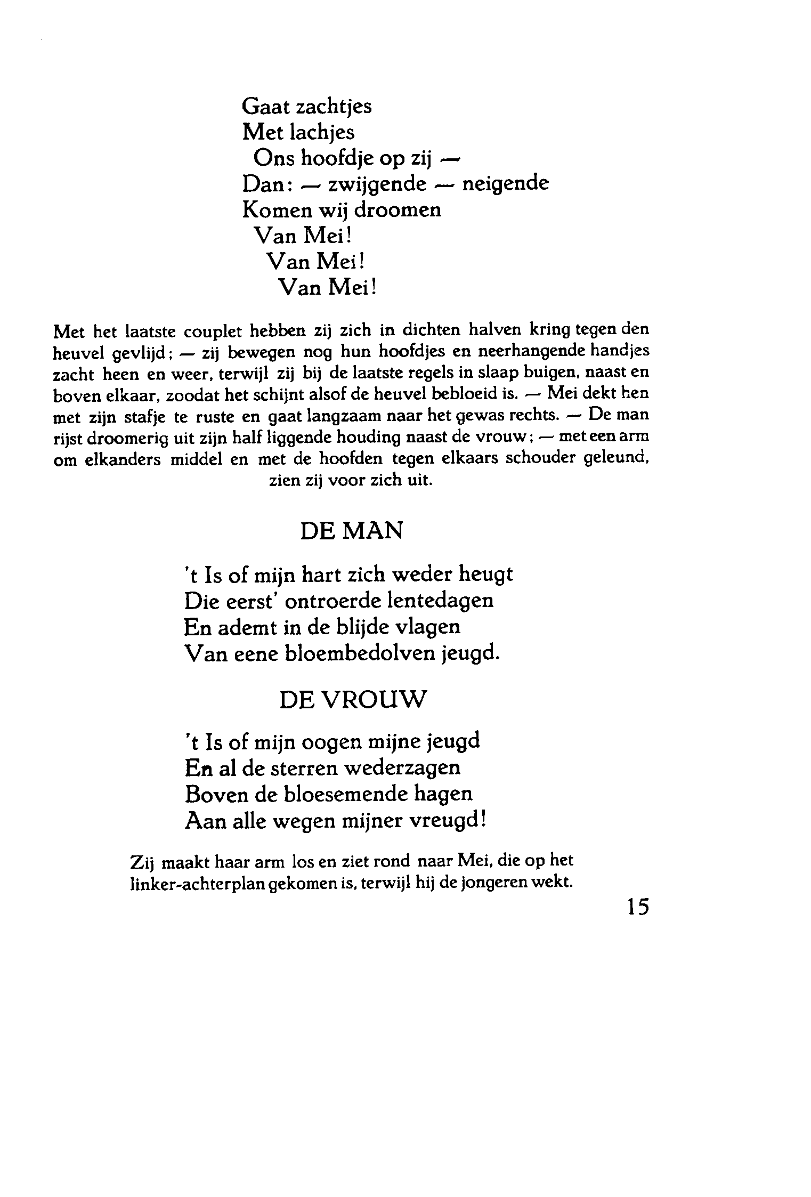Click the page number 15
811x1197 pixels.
[638, 906]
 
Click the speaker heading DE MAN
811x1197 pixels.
[352, 531]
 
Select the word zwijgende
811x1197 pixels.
[377, 184]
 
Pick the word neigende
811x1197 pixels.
[506, 184]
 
